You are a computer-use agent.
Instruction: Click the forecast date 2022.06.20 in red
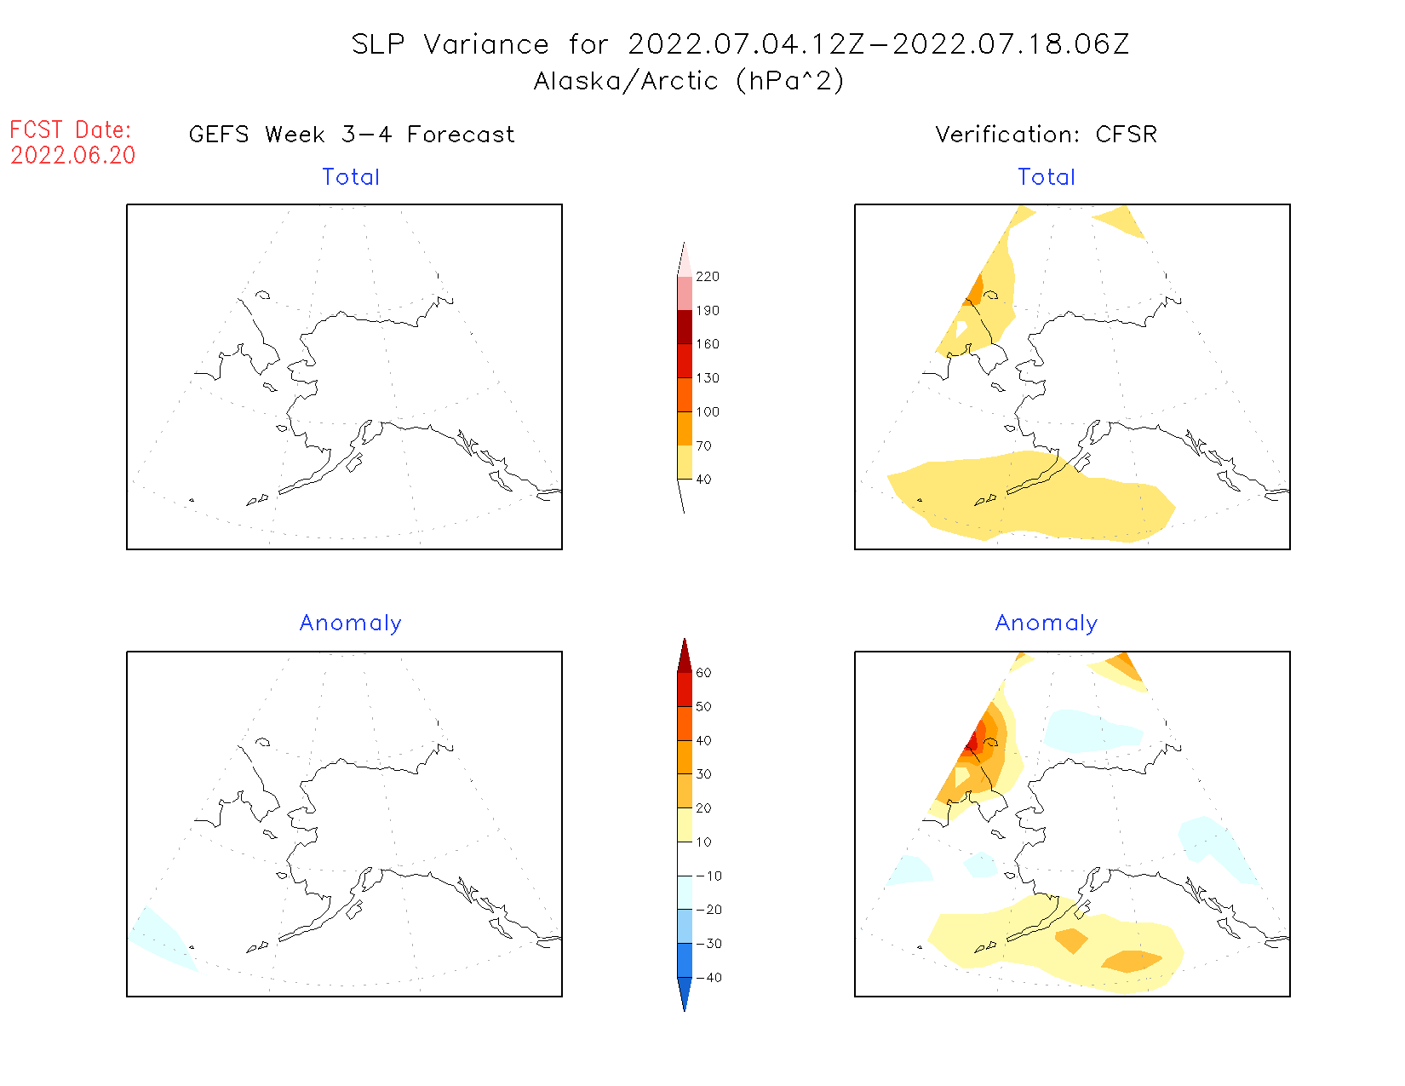pos(73,156)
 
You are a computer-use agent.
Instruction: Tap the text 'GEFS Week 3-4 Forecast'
pos(352,135)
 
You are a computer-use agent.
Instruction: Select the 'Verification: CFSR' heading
pos(1046,135)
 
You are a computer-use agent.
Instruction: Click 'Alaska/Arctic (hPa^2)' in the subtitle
pos(689,81)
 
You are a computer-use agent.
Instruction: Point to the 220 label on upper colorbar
pos(707,277)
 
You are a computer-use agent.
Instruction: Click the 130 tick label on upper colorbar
pos(707,378)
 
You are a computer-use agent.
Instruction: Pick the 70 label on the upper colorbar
pos(703,445)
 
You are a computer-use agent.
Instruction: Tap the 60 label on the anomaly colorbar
pos(703,673)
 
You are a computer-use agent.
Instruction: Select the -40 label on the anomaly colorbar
pos(708,978)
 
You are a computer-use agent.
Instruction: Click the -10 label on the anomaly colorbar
pos(708,876)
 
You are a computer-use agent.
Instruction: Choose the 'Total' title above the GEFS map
pos(351,177)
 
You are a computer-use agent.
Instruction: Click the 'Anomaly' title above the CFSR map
pos(1047,623)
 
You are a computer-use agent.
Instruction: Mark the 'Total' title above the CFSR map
pos(1047,177)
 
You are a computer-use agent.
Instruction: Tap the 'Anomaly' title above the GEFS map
pos(351,623)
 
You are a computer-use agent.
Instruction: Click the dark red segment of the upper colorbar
pos(685,327)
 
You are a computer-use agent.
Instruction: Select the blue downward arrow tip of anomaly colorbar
pos(685,997)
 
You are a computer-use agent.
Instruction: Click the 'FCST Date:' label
pos(71,130)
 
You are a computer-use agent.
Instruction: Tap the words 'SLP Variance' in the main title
pos(450,44)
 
